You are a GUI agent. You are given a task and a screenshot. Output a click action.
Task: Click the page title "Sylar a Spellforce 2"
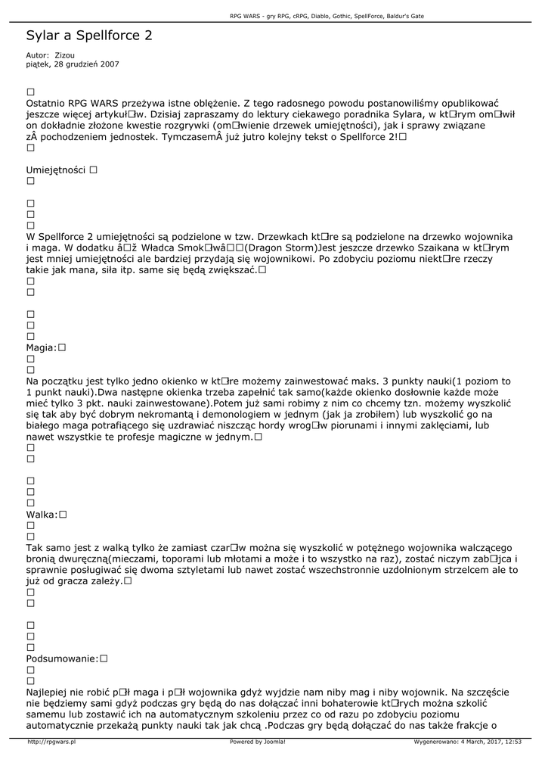[89, 36]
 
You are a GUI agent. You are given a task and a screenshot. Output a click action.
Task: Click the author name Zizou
[65, 55]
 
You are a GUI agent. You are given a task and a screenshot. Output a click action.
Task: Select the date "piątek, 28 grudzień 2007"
[73, 64]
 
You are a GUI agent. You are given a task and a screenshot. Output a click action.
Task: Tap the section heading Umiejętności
[56, 170]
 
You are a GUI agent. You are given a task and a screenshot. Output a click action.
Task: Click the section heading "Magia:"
[42, 347]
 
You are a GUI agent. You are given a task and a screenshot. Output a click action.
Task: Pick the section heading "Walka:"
[42, 515]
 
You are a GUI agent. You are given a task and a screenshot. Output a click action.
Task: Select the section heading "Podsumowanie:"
[62, 658]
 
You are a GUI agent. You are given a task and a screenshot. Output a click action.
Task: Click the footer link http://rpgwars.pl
[51, 742]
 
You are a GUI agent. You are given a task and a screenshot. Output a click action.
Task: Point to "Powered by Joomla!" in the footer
[258, 742]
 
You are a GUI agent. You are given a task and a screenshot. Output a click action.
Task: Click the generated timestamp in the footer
[468, 742]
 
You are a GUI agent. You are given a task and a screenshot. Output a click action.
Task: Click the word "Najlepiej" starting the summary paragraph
[51, 692]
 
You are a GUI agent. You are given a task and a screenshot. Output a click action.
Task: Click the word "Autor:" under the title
[38, 55]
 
